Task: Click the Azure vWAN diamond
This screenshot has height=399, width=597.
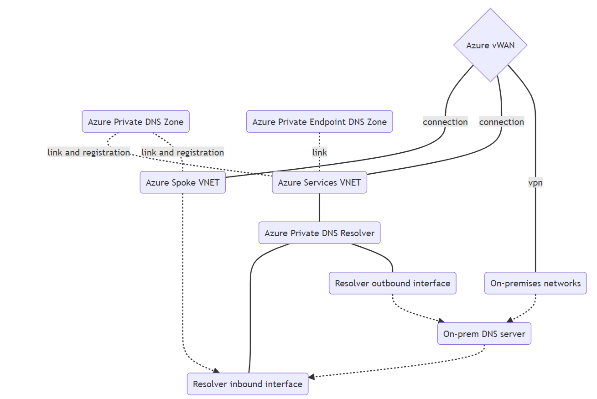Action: (490, 45)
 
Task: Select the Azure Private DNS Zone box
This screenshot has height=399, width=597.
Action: (135, 122)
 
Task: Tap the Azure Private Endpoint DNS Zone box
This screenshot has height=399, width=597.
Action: (319, 122)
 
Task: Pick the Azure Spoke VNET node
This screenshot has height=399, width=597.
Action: (182, 182)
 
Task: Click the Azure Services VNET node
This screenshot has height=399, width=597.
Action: (319, 182)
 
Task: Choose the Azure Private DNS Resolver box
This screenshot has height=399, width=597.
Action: (319, 233)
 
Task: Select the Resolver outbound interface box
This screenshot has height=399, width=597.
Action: (392, 283)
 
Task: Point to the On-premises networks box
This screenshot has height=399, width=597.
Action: (535, 283)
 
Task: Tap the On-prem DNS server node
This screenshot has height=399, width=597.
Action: (484, 334)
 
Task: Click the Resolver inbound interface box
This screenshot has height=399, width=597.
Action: (248, 384)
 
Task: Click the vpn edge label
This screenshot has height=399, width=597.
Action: (535, 182)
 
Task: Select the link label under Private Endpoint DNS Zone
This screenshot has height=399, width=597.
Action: (319, 152)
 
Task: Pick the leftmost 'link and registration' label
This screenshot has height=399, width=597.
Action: (89, 152)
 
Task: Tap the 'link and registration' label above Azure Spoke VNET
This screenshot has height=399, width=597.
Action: (182, 152)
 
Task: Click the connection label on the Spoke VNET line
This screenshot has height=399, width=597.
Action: (445, 122)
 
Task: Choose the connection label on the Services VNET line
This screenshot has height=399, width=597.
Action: (502, 122)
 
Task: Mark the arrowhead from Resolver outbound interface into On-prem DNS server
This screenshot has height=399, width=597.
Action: (441, 320)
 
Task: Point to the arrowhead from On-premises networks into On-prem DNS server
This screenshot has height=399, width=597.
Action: (509, 320)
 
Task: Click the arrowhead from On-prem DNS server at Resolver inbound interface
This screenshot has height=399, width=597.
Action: (311, 377)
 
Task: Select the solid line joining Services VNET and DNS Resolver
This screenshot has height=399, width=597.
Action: (319, 207)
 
